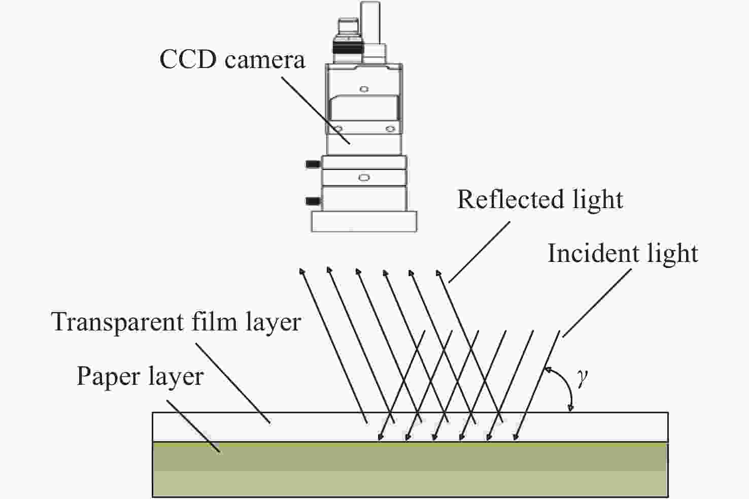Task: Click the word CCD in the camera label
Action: [188, 59]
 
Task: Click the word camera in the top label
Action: [265, 61]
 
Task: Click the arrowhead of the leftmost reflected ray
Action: [302, 271]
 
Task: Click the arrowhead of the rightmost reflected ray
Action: [439, 273]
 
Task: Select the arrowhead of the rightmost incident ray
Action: [516, 437]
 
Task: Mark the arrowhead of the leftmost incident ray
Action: [380, 437]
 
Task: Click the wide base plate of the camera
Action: [364, 221]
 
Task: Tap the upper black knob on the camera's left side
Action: [313, 164]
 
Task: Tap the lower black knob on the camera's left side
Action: [313, 201]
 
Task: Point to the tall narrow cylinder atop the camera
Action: [370, 22]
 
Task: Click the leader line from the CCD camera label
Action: [316, 111]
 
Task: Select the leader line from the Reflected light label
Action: [479, 252]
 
